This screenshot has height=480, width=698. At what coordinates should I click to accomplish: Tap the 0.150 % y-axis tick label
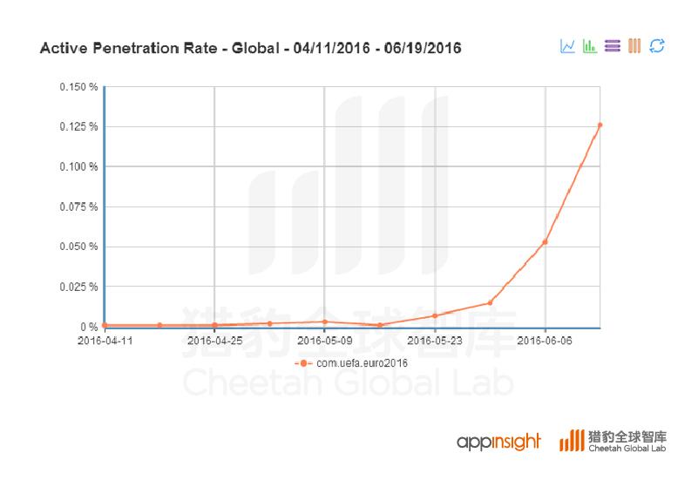coord(78,87)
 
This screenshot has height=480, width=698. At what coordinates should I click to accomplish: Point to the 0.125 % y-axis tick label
coord(78,127)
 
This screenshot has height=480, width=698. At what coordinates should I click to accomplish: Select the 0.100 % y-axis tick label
coord(78,167)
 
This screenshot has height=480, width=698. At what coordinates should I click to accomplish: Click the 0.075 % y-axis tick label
coord(78,207)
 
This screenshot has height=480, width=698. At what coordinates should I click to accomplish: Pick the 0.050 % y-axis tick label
coord(78,247)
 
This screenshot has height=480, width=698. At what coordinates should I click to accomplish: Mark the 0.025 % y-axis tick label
coord(78,287)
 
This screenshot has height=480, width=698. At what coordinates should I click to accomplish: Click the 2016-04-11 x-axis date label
coord(104,341)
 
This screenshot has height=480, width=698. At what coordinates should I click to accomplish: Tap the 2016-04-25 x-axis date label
coord(214,341)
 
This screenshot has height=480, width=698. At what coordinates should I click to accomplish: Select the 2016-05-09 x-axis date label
coord(324,341)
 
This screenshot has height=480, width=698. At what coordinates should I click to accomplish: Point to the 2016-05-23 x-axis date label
coord(435,341)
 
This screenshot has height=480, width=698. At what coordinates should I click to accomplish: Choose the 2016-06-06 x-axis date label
coord(545,341)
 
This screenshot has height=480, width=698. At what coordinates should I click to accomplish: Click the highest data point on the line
coord(600,125)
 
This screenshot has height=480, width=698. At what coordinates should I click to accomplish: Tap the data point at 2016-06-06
coord(545,242)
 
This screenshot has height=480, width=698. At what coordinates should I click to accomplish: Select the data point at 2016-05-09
coord(324,321)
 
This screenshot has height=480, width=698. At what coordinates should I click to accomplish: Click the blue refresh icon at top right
coord(658,45)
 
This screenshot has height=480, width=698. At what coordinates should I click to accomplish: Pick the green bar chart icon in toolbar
coord(590,45)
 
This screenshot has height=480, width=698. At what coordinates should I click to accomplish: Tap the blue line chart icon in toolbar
coord(567,45)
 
